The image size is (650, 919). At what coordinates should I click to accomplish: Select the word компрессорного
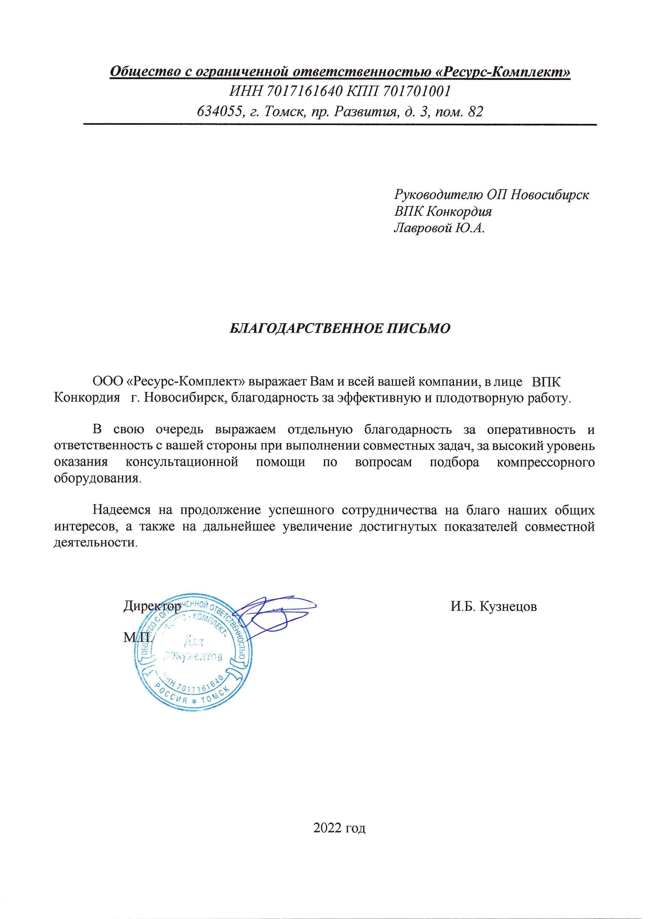(x=545, y=462)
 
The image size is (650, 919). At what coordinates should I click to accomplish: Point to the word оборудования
(x=97, y=479)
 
